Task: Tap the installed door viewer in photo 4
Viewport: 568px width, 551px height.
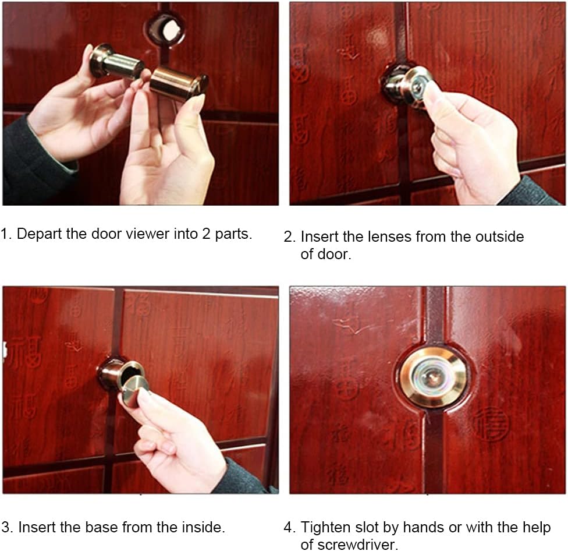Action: (x=432, y=377)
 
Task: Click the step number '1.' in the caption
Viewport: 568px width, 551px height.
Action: (x=6, y=234)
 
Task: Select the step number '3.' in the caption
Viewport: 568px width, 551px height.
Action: (x=7, y=528)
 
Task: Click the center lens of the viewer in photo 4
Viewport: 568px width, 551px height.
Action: (x=432, y=377)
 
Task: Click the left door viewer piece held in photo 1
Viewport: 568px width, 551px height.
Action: (x=117, y=63)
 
